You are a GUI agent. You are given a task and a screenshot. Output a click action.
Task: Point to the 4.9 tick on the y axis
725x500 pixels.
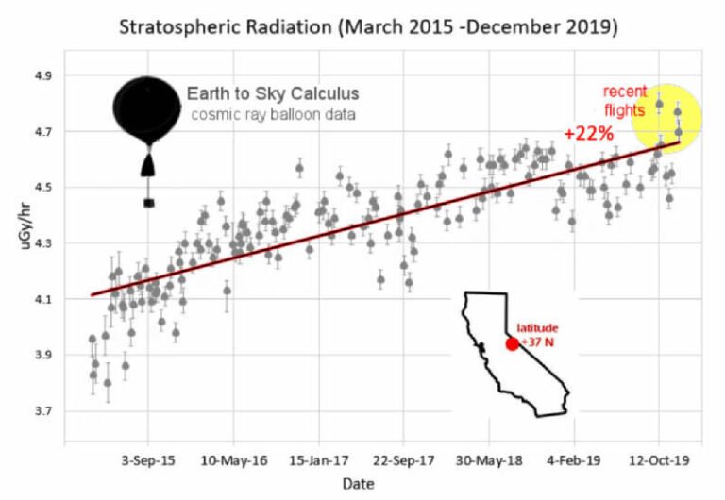[48, 75]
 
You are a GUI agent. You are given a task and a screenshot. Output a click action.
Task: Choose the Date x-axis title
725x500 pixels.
[359, 483]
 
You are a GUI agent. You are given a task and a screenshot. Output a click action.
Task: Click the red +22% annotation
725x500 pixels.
[585, 134]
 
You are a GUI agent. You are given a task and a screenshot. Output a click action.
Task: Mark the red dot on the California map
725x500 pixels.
[512, 343]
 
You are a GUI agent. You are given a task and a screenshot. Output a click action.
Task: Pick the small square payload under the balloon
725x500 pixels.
[148, 202]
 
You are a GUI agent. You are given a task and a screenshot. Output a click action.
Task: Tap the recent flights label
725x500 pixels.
[626, 101]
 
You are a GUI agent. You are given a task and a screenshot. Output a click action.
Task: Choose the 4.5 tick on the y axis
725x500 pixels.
[48, 188]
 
